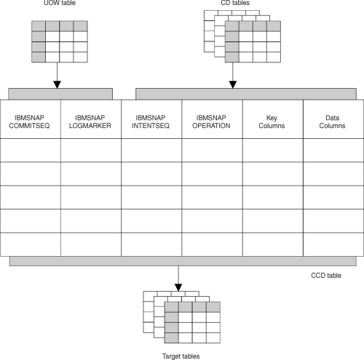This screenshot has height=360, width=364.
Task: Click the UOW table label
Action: click(60, 3)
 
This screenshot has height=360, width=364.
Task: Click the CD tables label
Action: click(235, 3)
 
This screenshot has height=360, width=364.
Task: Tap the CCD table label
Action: click(326, 276)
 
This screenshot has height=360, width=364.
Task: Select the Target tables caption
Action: click(181, 356)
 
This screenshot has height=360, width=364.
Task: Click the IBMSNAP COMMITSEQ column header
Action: click(29, 121)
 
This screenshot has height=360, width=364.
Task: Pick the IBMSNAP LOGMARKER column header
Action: click(90, 121)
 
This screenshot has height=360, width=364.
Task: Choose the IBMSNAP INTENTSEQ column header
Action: click(151, 121)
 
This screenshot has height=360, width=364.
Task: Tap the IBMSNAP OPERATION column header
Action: click(211, 121)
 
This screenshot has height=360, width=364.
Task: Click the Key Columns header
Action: click(272, 121)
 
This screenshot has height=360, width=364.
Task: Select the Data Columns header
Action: click(332, 121)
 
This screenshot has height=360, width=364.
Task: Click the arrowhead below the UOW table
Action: click(57, 84)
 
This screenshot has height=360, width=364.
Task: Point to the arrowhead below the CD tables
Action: click(233, 84)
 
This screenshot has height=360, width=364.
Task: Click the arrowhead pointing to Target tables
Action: click(178, 287)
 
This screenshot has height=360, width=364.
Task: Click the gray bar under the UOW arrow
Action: click(60, 94)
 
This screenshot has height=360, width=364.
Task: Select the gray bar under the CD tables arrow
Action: click(246, 94)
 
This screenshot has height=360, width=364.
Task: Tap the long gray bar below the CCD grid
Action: click(183, 261)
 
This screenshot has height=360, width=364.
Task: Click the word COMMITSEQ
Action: click(29, 126)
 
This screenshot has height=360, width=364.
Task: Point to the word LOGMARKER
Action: click(90, 126)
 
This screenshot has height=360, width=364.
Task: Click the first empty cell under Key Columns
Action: click(273, 151)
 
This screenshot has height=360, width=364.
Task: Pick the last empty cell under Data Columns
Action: click(333, 244)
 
